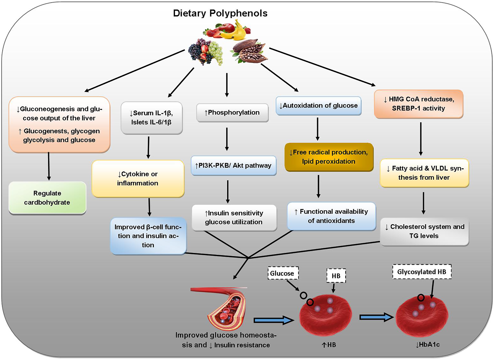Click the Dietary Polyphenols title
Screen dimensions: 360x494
click(220, 13)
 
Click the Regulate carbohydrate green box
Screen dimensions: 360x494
click(47, 198)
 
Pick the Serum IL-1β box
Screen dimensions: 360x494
click(151, 118)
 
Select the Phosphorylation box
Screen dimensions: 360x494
click(232, 112)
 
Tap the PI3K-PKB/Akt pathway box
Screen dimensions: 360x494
click(233, 166)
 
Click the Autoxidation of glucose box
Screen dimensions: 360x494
click(318, 106)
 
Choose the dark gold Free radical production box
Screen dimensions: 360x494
click(329, 157)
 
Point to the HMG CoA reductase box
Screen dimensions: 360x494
click(419, 104)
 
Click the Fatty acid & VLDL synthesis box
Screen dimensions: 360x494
click(424, 173)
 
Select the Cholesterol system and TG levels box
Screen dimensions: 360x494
click(424, 231)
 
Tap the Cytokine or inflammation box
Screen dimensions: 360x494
click(138, 179)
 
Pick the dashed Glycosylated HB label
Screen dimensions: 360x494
click(422, 272)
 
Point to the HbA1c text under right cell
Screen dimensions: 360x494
click(428, 345)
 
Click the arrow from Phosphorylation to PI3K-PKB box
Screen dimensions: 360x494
click(227, 139)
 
